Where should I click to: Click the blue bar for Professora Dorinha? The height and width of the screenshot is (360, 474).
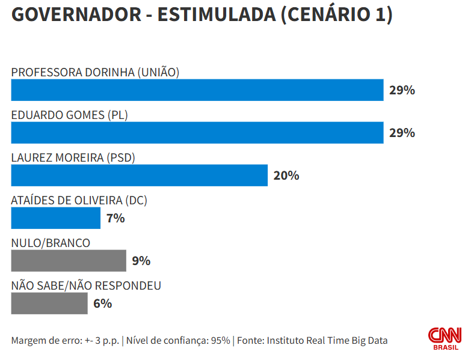coord(197,90)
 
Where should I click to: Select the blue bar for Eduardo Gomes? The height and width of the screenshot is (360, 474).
coord(197,133)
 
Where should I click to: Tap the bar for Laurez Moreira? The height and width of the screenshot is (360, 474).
coord(139,175)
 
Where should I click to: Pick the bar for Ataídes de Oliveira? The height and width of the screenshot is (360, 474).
coord(55,218)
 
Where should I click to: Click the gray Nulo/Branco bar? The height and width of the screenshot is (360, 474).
coord(69,261)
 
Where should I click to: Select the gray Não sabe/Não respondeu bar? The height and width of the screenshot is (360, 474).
coord(49,304)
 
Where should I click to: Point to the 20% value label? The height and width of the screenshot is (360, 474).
coord(286,175)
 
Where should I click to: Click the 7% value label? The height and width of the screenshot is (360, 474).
coord(115,218)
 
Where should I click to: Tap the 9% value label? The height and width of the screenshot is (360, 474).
coord(141,261)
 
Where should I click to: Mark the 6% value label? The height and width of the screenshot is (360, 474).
coord(103,304)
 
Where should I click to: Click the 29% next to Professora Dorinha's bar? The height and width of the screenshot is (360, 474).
coord(402,90)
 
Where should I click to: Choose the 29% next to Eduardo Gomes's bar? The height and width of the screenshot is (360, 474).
coord(402,133)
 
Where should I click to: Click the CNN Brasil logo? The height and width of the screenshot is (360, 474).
coord(445,339)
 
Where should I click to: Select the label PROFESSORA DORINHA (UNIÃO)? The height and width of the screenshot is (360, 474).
coord(96,72)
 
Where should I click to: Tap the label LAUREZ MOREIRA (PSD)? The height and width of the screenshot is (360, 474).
coord(73,157)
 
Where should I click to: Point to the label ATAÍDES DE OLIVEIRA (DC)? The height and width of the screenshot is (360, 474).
coord(79,200)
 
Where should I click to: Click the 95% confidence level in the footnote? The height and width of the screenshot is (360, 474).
coord(220,340)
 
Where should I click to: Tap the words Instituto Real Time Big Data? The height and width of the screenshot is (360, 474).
coord(327,340)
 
